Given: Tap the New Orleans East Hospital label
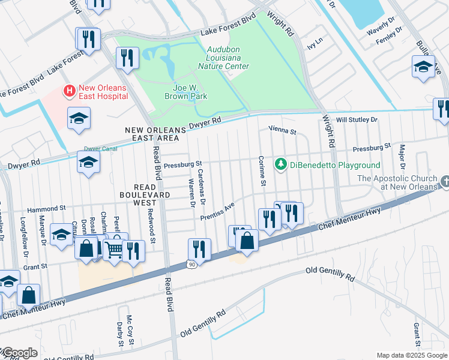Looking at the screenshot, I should pos(102,92).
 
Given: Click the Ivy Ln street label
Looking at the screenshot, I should pos(315,45).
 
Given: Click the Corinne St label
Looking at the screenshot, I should pos(262,170).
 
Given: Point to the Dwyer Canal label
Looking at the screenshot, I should pos(99,149).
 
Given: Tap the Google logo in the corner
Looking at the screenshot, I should pos(19,353).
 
